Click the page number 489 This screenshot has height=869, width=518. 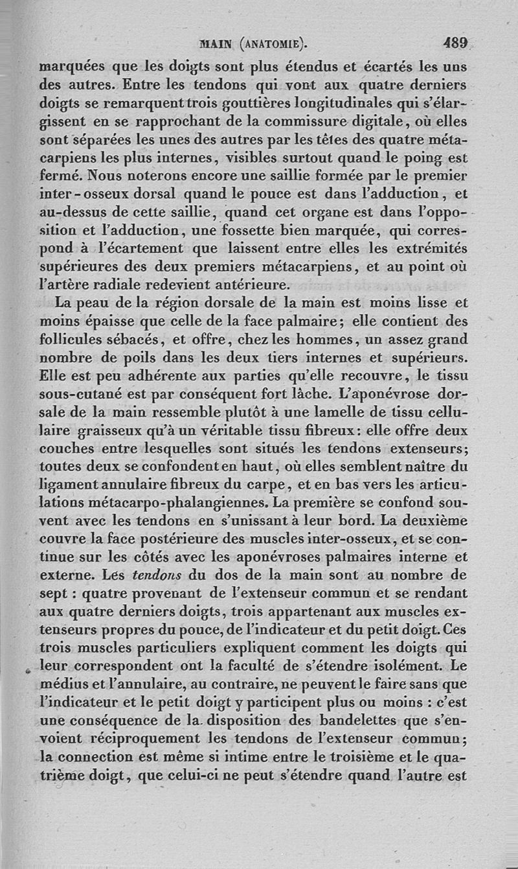point(455,45)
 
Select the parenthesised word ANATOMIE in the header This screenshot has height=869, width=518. point(273,45)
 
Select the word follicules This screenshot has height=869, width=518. point(69,338)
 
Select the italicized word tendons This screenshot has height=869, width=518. point(156,575)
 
